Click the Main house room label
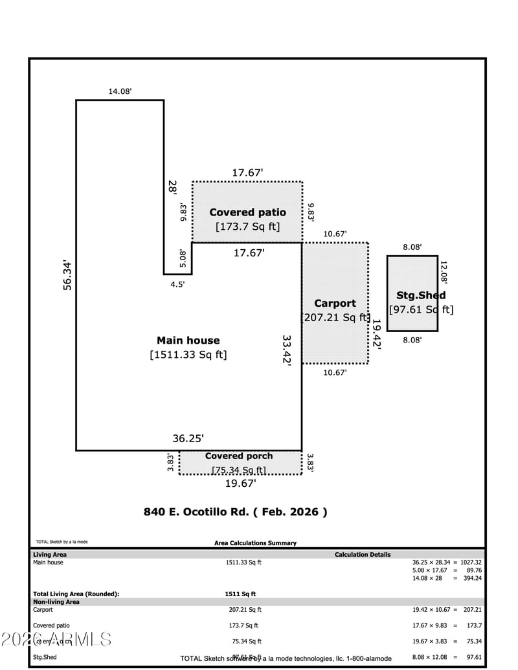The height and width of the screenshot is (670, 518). [x=188, y=341]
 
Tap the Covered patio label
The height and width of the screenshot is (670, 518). [x=247, y=212]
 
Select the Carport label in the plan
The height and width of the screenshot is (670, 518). [x=335, y=303]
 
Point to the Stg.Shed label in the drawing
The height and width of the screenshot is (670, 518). [x=421, y=296]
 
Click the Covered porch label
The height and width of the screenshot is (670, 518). [x=239, y=456]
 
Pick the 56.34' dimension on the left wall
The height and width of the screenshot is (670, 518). [x=67, y=275]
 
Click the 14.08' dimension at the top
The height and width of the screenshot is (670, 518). [x=120, y=91]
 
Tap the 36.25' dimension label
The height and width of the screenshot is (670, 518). [x=188, y=438]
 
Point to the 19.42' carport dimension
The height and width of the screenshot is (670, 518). [x=376, y=334]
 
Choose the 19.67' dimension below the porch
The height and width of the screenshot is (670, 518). [x=240, y=483]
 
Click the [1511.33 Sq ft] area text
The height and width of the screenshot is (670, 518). [x=188, y=355]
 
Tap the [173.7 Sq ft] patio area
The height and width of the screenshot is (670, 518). [x=247, y=227]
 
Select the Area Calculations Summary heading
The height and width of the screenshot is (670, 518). [x=255, y=543]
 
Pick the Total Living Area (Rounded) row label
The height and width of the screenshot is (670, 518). [x=76, y=594]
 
